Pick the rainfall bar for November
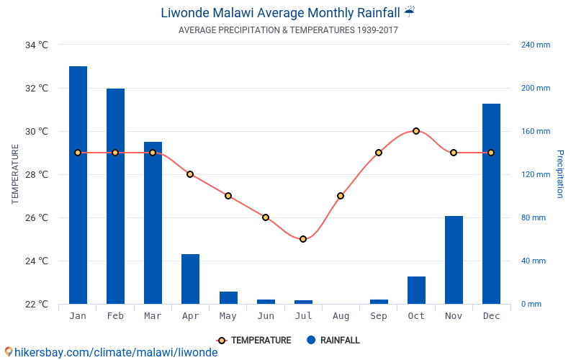click(454, 260)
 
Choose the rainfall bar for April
click(190, 279)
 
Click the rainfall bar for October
click(416, 290)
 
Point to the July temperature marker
click(303, 239)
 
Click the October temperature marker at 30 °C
click(416, 131)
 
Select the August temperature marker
click(341, 196)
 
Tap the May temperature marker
click(228, 196)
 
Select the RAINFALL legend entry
click(333, 341)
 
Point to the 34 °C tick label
click(37, 45)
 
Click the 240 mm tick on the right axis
click(535, 45)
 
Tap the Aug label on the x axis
click(341, 316)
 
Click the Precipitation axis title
click(560, 174)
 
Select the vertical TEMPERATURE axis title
click(15, 174)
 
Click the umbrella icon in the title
click(410, 12)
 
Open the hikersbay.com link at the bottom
click(115, 352)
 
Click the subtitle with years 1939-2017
click(288, 30)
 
